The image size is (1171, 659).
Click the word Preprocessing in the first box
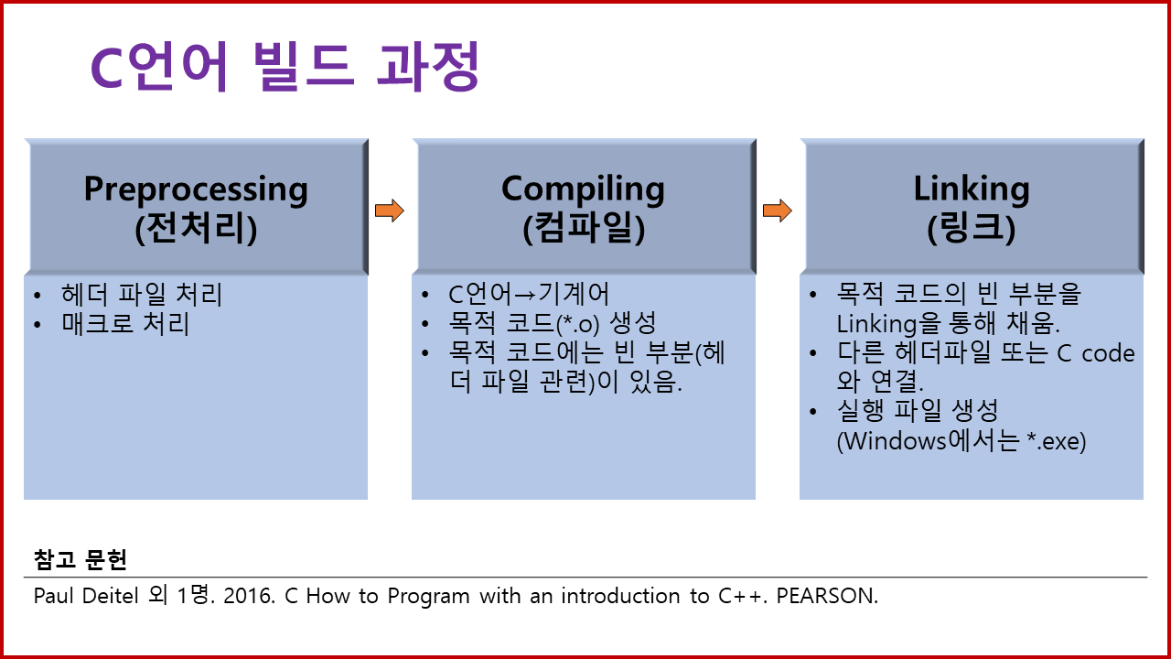coord(196,190)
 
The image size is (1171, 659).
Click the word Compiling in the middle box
coord(584,189)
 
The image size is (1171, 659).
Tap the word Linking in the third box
coord(972,189)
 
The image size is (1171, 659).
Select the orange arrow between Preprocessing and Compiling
coord(389,211)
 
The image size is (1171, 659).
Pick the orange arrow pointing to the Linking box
coord(777,211)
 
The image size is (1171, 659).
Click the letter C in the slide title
coord(107,70)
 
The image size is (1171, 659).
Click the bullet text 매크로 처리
coord(125,324)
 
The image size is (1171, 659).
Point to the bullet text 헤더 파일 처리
coord(142,295)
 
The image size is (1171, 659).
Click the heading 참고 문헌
coord(81,558)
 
